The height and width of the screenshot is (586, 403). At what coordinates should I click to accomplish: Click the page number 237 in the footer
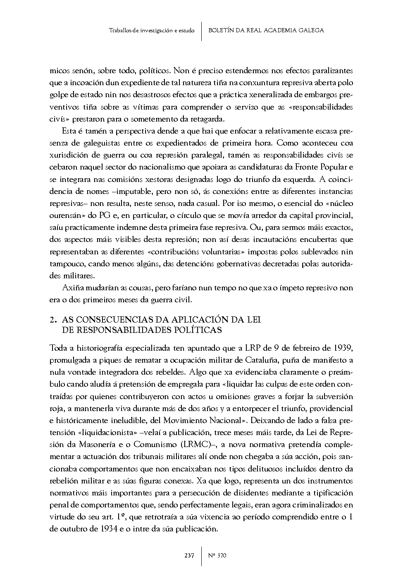(189, 555)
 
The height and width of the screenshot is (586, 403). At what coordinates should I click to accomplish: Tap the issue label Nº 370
(217, 555)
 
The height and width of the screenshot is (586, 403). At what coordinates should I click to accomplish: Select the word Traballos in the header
(118, 30)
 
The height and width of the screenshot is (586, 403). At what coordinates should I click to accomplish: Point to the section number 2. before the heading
(52, 320)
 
